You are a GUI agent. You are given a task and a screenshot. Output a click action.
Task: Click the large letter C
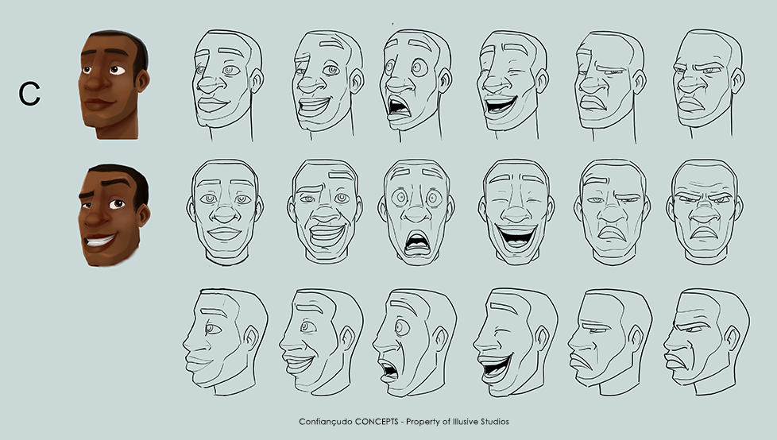(29, 94)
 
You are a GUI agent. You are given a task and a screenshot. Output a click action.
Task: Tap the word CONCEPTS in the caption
(377, 422)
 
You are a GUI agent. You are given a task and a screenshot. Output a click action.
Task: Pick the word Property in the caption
(423, 422)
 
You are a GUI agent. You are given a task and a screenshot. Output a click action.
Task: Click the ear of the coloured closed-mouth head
(142, 80)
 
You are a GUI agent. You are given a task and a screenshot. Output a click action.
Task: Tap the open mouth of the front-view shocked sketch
(417, 243)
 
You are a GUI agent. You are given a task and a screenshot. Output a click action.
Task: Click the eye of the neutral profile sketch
(213, 328)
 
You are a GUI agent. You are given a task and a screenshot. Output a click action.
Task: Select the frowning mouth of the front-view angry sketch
(704, 232)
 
